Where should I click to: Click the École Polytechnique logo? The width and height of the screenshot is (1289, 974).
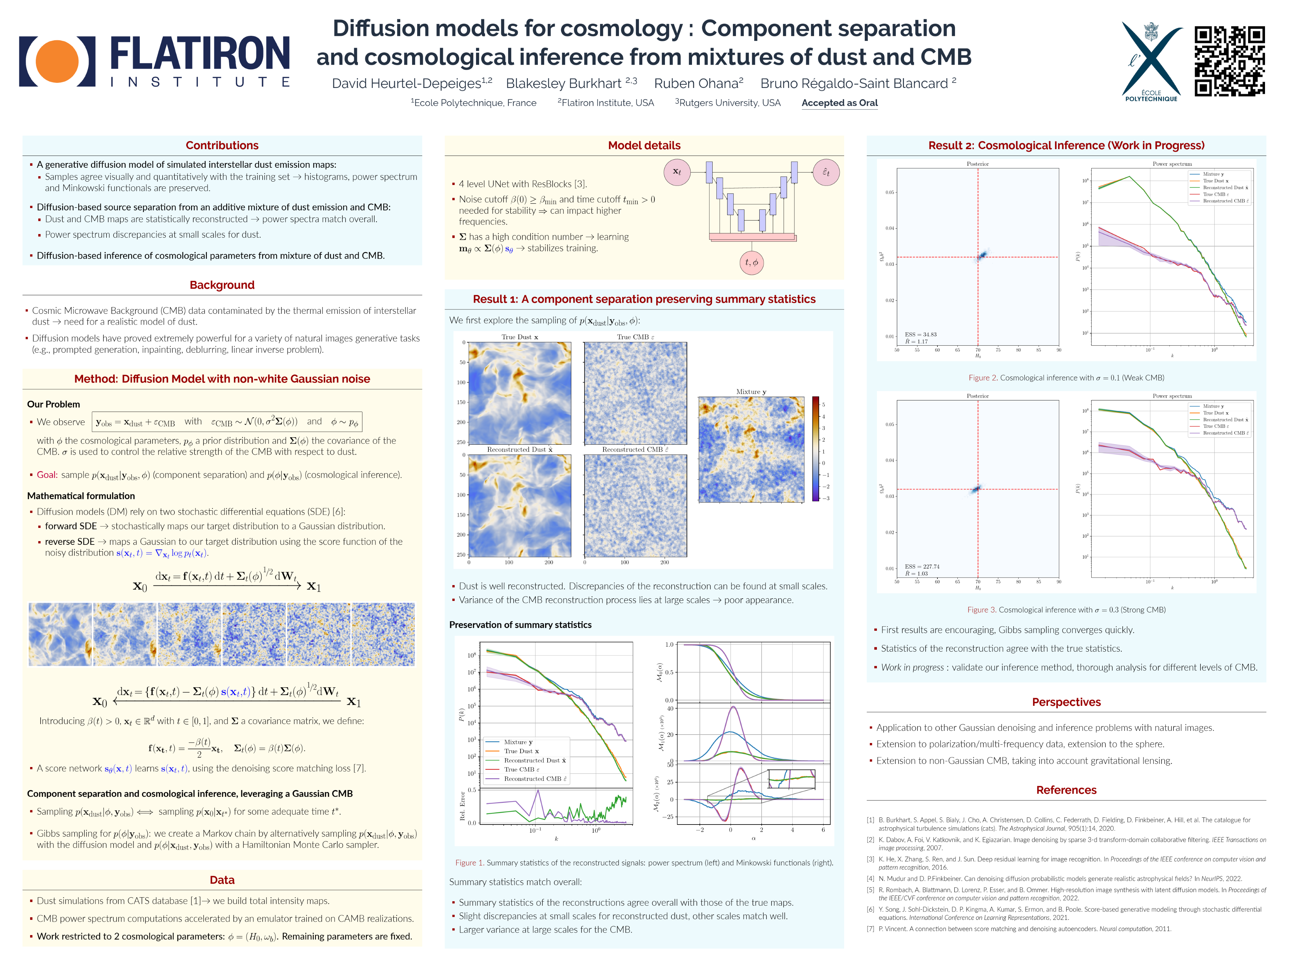pyautogui.click(x=1151, y=61)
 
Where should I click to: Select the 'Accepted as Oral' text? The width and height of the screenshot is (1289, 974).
pyautogui.click(x=839, y=103)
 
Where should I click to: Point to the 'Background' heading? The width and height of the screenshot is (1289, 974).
pyautogui.click(x=222, y=285)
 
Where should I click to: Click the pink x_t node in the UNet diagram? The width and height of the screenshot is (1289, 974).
pyautogui.click(x=676, y=172)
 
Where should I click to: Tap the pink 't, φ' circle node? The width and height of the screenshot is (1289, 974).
pyautogui.click(x=752, y=262)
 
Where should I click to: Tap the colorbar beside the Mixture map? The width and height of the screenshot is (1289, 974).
pyautogui.click(x=815, y=449)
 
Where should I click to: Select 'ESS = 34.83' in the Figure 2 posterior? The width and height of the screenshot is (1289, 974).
pyautogui.click(x=921, y=334)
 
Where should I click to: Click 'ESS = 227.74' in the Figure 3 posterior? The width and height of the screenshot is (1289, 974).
pyautogui.click(x=922, y=566)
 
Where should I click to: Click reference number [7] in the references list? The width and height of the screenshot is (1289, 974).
pyautogui.click(x=870, y=929)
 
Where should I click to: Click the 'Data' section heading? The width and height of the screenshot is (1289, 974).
pyautogui.click(x=222, y=880)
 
